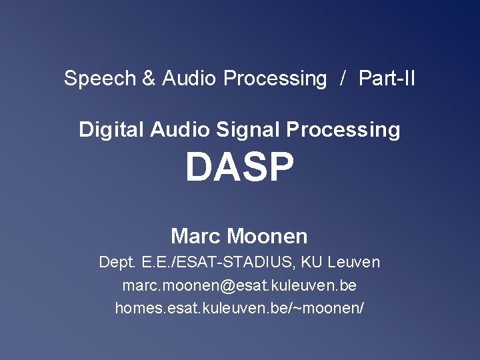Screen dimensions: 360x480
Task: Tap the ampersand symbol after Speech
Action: (x=149, y=79)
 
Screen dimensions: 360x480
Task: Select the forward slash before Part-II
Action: (x=343, y=79)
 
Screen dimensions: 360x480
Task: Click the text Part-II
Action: (x=387, y=79)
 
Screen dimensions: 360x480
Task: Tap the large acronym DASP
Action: (x=239, y=167)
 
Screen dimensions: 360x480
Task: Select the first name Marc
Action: (x=196, y=236)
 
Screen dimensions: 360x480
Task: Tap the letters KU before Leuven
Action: (x=311, y=262)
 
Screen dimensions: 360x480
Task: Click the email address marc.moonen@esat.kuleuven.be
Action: (x=239, y=285)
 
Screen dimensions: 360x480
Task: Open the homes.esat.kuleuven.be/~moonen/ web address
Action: (x=239, y=309)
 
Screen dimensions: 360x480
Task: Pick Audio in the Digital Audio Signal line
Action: (x=180, y=129)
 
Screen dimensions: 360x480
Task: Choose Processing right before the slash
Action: (x=275, y=79)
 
